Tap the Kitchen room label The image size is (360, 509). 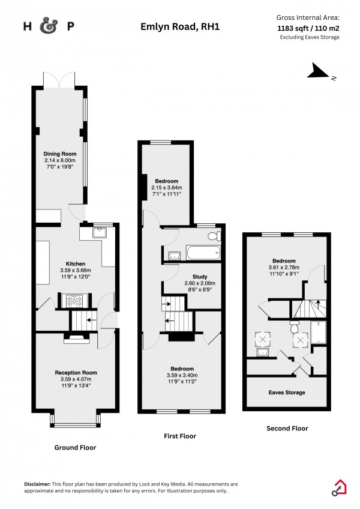pyautogui.click(x=76, y=264)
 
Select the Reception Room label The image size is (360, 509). pyautogui.click(x=76, y=373)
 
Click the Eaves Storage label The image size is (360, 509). pyautogui.click(x=286, y=393)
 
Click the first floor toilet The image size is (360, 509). pyautogui.click(x=212, y=236)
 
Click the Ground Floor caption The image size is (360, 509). pyautogui.click(x=75, y=447)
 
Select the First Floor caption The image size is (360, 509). pyautogui.click(x=179, y=436)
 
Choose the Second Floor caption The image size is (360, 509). pyautogui.click(x=287, y=429)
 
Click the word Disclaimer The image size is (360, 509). pyautogui.click(x=40, y=484)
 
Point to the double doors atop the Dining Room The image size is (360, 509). pyautogui.click(x=59, y=79)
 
